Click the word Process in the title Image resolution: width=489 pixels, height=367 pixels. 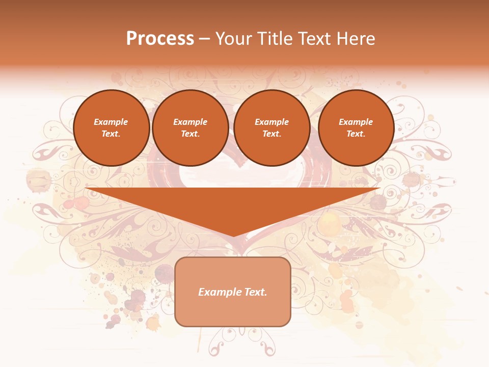pyautogui.click(x=160, y=39)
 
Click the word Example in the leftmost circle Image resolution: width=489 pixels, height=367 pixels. pyautogui.click(x=111, y=122)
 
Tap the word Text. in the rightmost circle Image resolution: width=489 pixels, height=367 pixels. pyautogui.click(x=356, y=134)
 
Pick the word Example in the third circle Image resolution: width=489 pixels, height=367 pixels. pyautogui.click(x=271, y=122)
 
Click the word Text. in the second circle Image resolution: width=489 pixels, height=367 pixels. pyautogui.click(x=190, y=134)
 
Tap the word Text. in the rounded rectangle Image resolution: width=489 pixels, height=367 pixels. pyautogui.click(x=255, y=292)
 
